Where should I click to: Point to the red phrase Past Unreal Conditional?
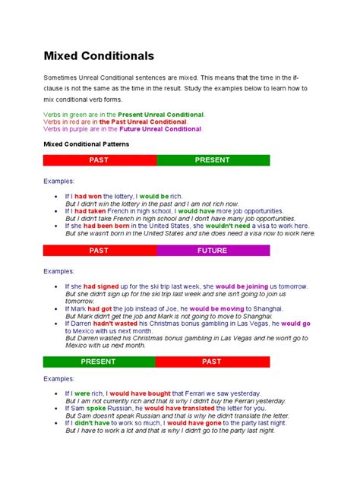(x=147, y=122)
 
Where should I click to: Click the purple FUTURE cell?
(x=213, y=250)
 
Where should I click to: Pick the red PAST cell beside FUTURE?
(x=99, y=250)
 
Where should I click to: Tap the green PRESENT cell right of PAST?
(x=213, y=160)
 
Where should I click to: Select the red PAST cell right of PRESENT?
(x=212, y=362)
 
